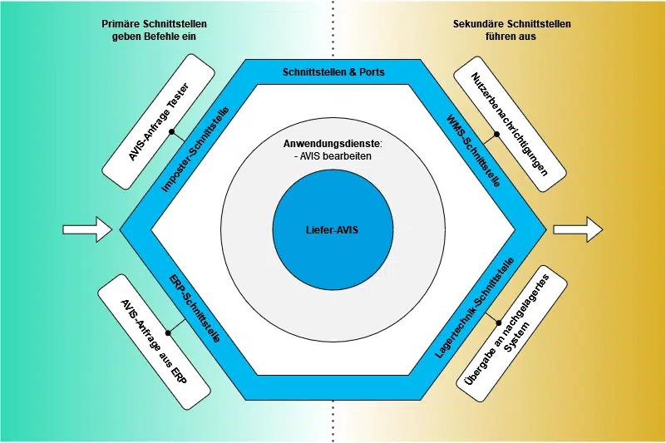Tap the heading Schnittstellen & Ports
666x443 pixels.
[x=333, y=72]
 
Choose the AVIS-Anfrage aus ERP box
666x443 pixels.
[x=154, y=342]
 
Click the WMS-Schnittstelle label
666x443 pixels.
[x=473, y=150]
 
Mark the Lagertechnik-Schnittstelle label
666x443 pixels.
[x=476, y=308]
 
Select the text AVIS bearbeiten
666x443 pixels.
[x=335, y=156]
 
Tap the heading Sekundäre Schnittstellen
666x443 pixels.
[x=511, y=24]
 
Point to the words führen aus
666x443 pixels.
[x=511, y=37]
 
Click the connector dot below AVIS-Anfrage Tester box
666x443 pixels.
[x=170, y=131]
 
